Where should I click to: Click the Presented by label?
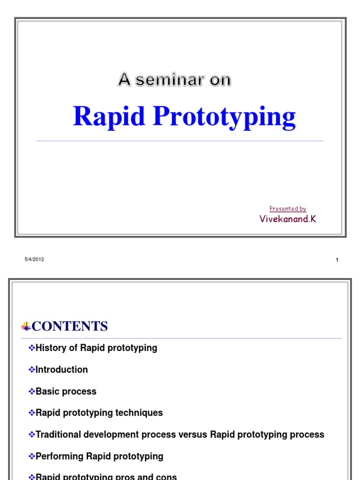[x=288, y=209]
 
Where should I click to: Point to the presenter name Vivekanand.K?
[x=288, y=219]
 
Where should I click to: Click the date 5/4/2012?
[x=34, y=259]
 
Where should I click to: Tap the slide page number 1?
[x=337, y=260]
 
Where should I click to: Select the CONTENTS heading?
[x=70, y=326]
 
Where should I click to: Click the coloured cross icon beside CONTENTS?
[x=26, y=326]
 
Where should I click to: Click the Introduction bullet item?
[x=61, y=369]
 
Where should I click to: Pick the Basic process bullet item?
[x=66, y=391]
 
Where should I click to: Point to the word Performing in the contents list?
[x=60, y=456]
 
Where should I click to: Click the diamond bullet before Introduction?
[x=32, y=369]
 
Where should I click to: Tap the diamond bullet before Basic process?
[x=32, y=391]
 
